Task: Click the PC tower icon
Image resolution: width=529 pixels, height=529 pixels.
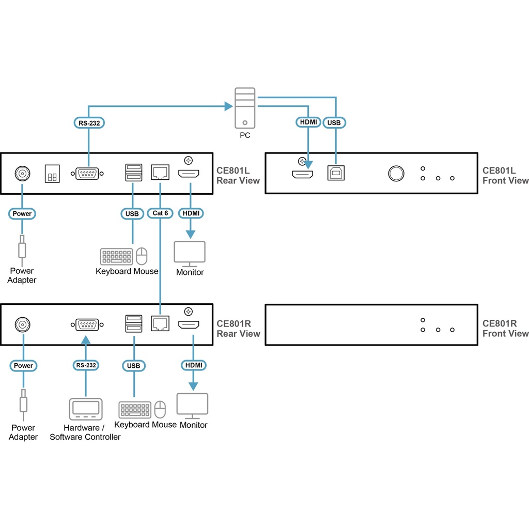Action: tap(245, 108)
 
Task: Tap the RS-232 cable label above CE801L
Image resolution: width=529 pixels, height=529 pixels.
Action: tap(88, 123)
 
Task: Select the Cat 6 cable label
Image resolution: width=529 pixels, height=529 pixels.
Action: tap(160, 213)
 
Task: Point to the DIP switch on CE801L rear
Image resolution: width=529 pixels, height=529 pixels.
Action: tap(52, 174)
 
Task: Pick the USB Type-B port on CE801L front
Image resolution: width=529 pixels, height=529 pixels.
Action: tap(336, 173)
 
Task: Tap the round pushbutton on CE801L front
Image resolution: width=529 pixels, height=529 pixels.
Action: tap(396, 173)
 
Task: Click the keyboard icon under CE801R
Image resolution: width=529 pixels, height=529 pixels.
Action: tap(135, 410)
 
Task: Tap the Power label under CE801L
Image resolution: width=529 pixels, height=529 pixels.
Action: tap(22, 213)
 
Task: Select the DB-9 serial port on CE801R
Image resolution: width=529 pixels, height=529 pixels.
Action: tap(86, 325)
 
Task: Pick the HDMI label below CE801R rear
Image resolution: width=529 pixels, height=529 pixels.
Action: tap(194, 365)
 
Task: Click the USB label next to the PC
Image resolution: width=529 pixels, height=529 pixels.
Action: tap(334, 123)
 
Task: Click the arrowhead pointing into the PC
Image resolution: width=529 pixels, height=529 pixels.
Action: tap(228, 106)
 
